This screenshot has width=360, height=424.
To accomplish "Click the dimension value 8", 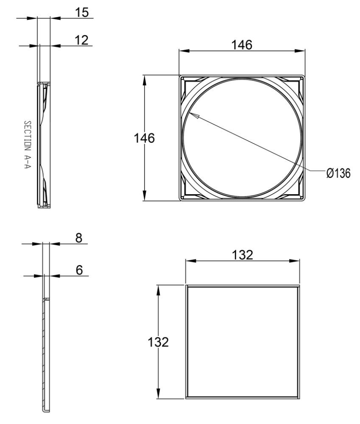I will click(x=79, y=238).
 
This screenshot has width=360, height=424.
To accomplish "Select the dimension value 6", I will click(x=79, y=270).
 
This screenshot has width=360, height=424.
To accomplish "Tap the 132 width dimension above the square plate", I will click(x=243, y=255).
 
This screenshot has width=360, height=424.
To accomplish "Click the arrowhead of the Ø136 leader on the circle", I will click(x=192, y=115).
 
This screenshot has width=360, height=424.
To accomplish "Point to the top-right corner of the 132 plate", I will click(x=300, y=286).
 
